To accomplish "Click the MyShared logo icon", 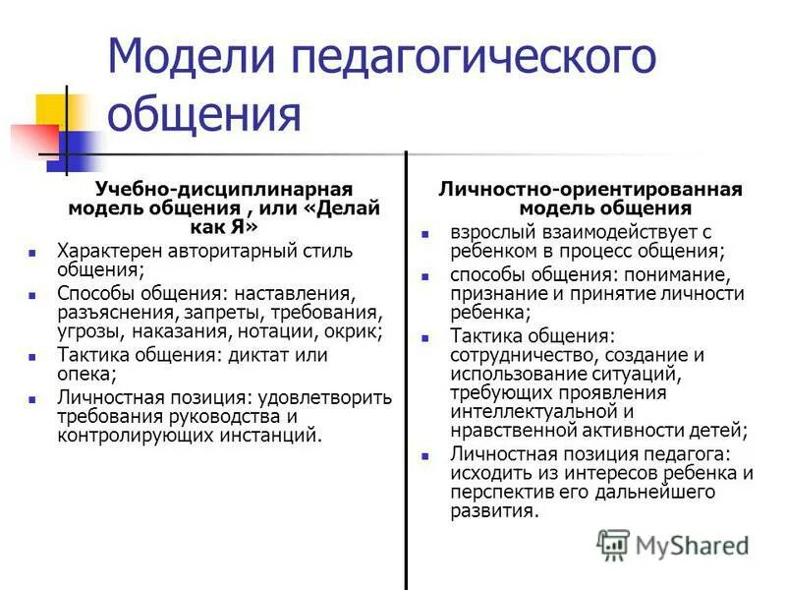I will tap(612, 544).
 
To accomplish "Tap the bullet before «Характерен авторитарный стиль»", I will tap(34, 252).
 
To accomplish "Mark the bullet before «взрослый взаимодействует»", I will tap(425, 234).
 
